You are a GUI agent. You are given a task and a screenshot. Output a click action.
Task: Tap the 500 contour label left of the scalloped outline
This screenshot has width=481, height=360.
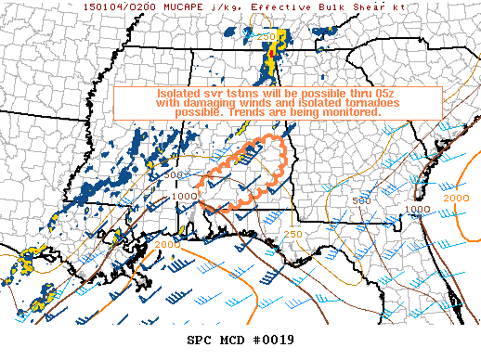tap(173, 174)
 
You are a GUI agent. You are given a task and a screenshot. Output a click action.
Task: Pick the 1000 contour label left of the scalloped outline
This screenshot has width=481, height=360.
tap(184, 197)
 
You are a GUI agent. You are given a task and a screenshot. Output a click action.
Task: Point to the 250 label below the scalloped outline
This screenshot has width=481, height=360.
tap(293, 234)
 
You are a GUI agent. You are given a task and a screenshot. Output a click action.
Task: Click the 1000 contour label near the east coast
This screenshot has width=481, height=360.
tap(416, 210)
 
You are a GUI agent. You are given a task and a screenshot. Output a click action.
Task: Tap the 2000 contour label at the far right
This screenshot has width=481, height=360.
tap(457, 199)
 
